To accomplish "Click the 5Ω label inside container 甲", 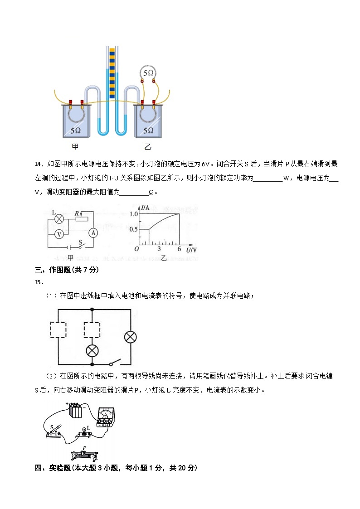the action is (75, 130).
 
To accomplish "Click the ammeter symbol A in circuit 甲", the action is (93, 233).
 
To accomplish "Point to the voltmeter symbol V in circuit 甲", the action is (58, 234).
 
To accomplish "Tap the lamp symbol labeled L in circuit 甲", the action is (58, 219).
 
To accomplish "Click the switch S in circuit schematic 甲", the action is (81, 246).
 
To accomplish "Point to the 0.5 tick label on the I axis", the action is (133, 229).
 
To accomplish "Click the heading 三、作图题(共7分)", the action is (67, 270).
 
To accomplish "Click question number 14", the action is (38, 164).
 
